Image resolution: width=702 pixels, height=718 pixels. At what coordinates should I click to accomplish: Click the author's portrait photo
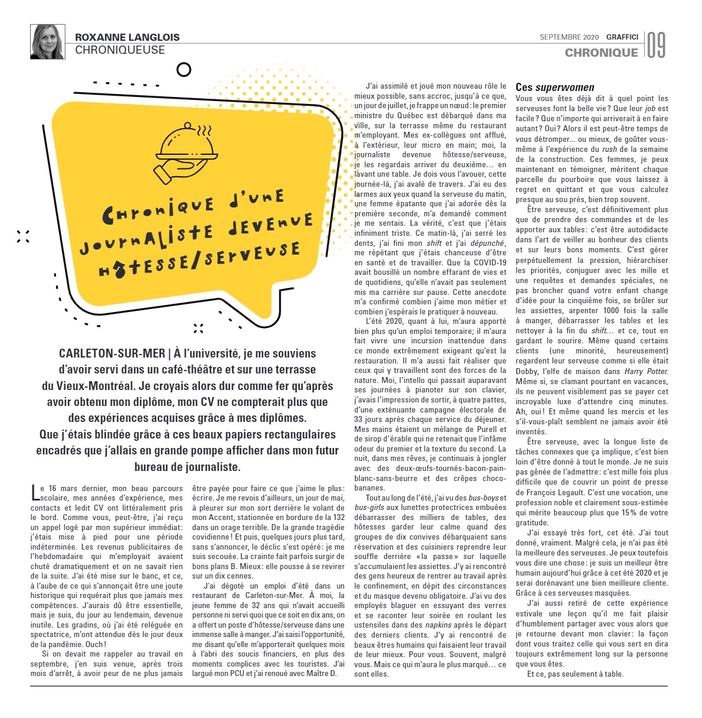click(x=47, y=41)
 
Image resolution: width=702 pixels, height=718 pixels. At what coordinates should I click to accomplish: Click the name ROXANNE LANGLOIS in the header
click(x=127, y=37)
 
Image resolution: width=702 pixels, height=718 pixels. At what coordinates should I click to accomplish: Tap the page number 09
click(x=656, y=45)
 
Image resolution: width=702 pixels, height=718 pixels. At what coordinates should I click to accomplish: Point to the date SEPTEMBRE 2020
click(x=569, y=37)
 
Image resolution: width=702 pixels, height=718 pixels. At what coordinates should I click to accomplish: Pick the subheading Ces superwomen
click(x=555, y=87)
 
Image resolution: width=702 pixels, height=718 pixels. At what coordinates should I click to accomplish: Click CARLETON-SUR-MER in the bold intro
click(x=112, y=353)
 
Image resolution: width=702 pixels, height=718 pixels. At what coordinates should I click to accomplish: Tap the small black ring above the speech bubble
click(x=184, y=70)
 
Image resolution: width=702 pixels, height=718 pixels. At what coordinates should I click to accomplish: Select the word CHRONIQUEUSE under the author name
click(x=120, y=50)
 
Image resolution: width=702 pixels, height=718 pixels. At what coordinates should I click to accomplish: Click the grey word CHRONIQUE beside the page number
click(x=601, y=53)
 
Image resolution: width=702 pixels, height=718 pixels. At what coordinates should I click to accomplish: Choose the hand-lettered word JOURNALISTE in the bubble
click(x=159, y=239)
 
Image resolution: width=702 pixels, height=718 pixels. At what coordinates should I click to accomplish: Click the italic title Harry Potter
click(x=646, y=371)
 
